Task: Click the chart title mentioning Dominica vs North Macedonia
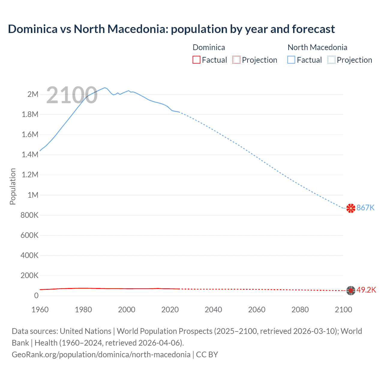pos(171,29)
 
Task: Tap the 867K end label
pos(365,208)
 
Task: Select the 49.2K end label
pos(366,290)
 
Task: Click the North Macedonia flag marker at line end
pos(351,208)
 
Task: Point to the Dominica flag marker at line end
pos(351,290)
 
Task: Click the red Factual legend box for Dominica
pos(196,60)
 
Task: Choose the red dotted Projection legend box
pos(236,60)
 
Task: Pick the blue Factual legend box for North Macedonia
pos(291,60)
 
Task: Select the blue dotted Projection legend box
pos(331,60)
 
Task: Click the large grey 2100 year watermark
pos(72,95)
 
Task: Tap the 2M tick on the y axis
pos(33,94)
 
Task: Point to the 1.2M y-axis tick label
pos(30,175)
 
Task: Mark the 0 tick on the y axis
pos(36,295)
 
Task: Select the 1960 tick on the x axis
pos(40,310)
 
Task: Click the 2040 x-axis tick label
pos(213,310)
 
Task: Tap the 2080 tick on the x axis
pos(300,310)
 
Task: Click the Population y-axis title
pos(13,186)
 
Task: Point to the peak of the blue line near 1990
pos(105,88)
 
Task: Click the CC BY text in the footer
pos(207,354)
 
